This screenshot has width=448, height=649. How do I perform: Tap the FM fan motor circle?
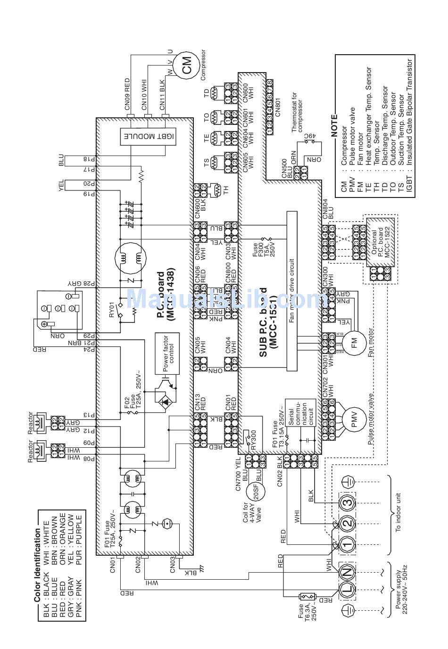point(354,341)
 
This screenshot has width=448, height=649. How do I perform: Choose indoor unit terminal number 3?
point(348,502)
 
